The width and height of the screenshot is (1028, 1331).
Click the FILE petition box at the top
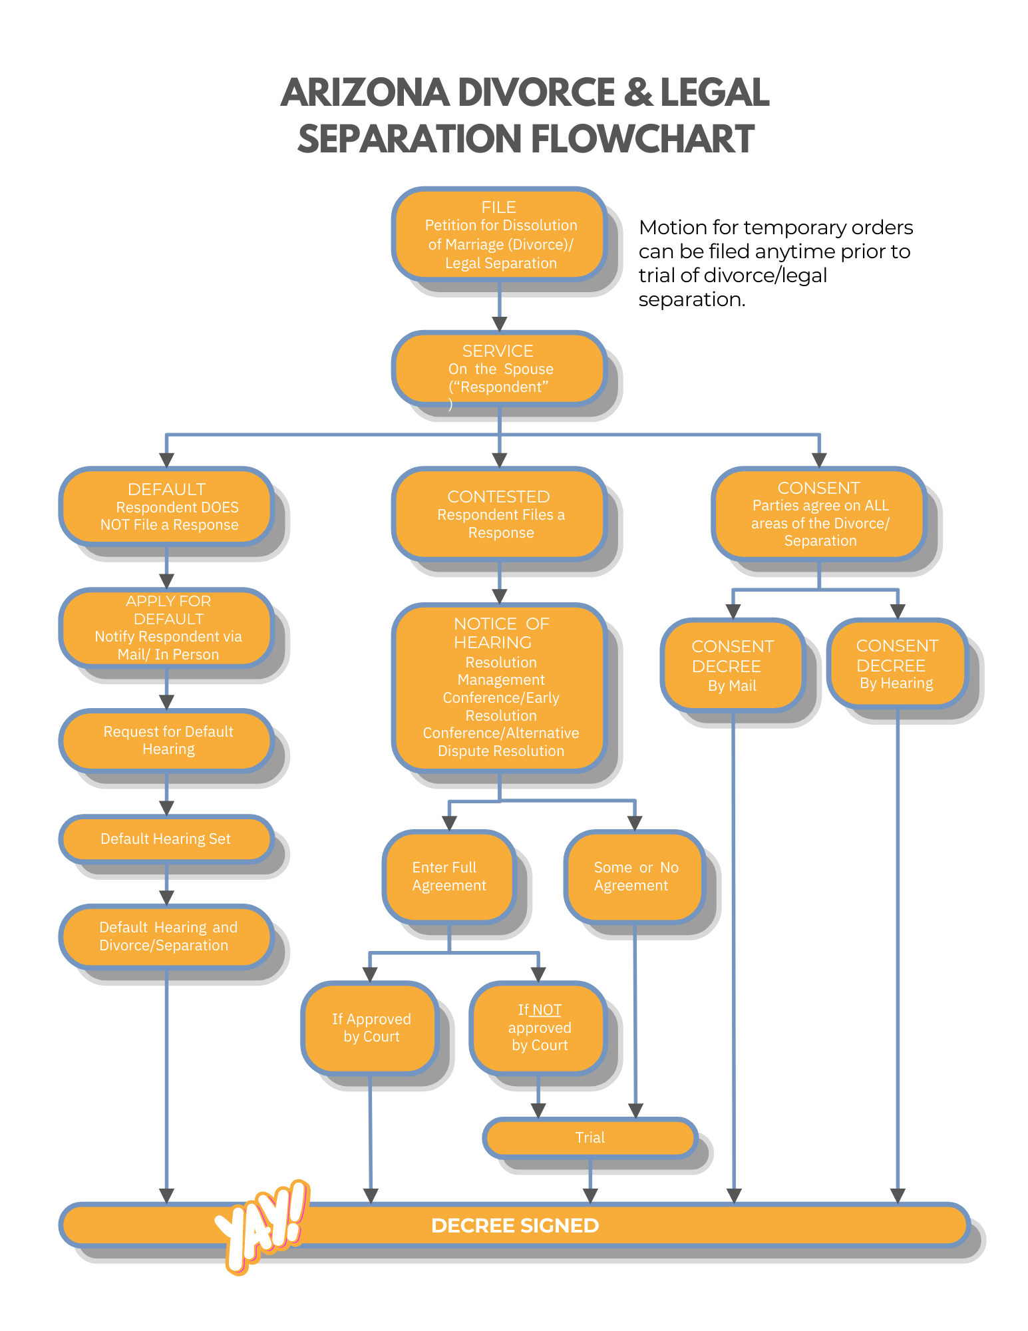(x=499, y=234)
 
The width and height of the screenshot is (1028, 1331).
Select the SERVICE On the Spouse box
(x=499, y=369)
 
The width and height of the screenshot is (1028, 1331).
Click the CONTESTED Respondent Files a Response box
(x=499, y=514)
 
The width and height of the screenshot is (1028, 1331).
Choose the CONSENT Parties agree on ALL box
(x=818, y=513)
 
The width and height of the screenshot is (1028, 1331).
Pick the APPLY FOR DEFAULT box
(x=166, y=628)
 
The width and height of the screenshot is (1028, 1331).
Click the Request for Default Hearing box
(x=166, y=740)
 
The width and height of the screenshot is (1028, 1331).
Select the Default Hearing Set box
(x=166, y=839)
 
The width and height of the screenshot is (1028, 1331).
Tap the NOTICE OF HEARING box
(x=499, y=687)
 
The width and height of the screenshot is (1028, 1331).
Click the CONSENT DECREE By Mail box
(x=733, y=665)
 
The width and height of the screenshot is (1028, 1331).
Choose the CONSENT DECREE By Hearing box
(x=896, y=664)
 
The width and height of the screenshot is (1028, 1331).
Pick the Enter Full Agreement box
(x=449, y=876)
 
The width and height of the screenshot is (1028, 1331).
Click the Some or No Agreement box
(x=635, y=876)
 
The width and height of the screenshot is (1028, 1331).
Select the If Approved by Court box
(x=371, y=1028)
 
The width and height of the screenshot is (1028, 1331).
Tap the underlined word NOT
(x=547, y=1010)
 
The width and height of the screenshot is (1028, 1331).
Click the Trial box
(x=590, y=1137)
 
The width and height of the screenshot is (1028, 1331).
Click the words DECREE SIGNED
(x=515, y=1225)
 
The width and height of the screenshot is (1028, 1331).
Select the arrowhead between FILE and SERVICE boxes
(x=500, y=323)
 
